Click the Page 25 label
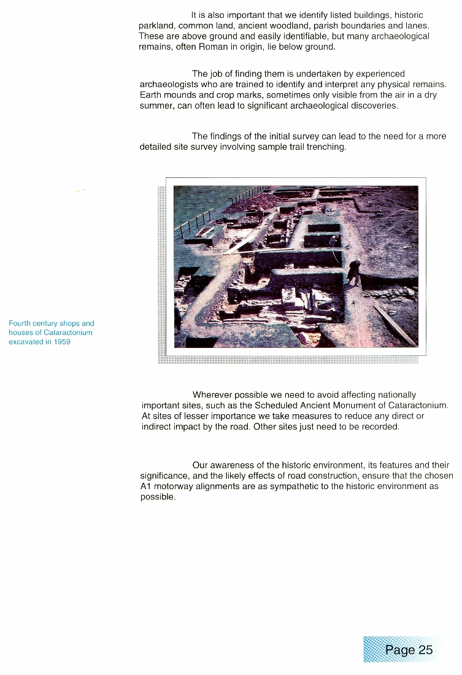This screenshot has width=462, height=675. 409,650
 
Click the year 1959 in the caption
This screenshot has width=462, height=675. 60,342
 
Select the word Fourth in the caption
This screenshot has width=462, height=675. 20,323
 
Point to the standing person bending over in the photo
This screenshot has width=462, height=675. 355,271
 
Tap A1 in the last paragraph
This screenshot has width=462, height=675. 146,487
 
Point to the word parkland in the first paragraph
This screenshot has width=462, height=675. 156,26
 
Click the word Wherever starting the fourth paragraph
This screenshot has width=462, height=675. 212,395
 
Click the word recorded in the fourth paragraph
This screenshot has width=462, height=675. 380,426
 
